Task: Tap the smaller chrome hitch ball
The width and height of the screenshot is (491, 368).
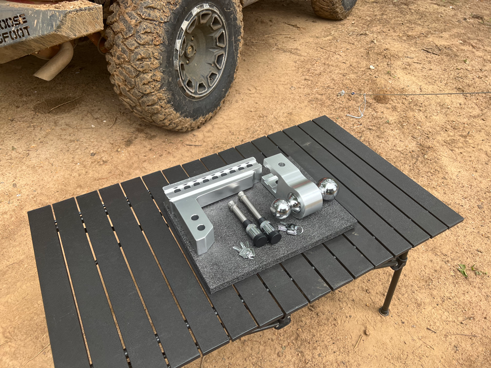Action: coord(281,209)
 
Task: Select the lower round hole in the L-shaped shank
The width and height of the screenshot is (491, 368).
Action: coord(200,228)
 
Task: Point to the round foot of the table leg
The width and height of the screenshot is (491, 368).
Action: coord(384,311)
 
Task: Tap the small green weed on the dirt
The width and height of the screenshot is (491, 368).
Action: coord(463,269)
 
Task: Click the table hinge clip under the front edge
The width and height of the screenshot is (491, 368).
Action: coord(282,324)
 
